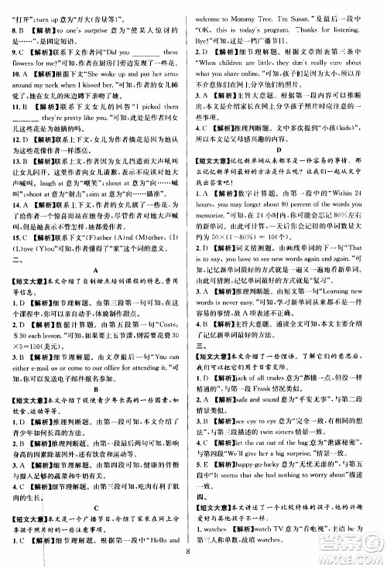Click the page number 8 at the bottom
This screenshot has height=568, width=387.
(x=190, y=552)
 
